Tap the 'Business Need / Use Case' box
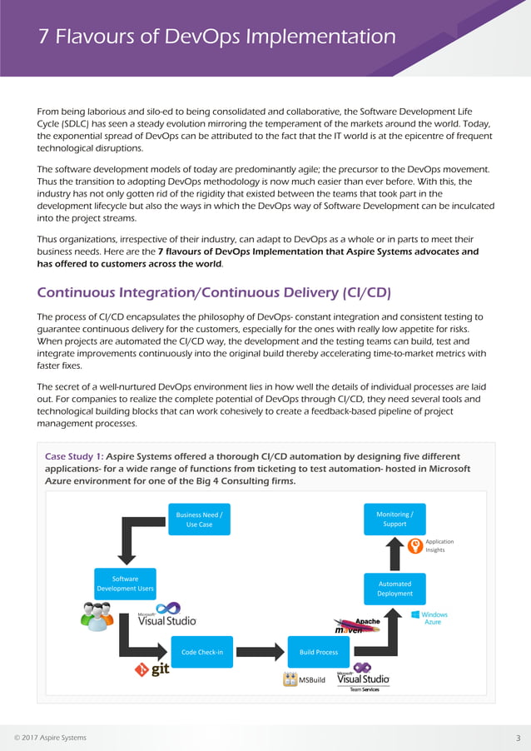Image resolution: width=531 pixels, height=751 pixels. click(x=199, y=520)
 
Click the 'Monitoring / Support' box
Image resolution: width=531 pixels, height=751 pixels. click(x=395, y=520)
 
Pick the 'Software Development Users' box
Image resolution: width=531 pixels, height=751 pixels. click(x=125, y=584)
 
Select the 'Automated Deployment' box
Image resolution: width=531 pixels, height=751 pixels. click(x=395, y=589)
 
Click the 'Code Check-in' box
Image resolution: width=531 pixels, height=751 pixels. click(x=202, y=652)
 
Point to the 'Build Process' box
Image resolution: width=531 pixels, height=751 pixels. click(x=319, y=652)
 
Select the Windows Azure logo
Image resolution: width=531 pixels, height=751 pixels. click(x=428, y=618)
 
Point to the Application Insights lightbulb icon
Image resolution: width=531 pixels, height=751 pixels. click(x=415, y=546)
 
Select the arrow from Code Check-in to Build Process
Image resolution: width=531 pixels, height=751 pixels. click(x=260, y=652)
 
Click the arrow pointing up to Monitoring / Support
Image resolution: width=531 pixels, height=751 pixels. click(x=395, y=552)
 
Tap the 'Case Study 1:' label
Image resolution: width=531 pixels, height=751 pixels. click(x=73, y=456)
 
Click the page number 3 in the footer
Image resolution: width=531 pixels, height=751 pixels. click(x=518, y=738)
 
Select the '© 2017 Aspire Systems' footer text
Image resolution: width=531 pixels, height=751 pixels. click(x=50, y=738)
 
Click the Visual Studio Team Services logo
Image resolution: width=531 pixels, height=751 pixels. click(x=363, y=678)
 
